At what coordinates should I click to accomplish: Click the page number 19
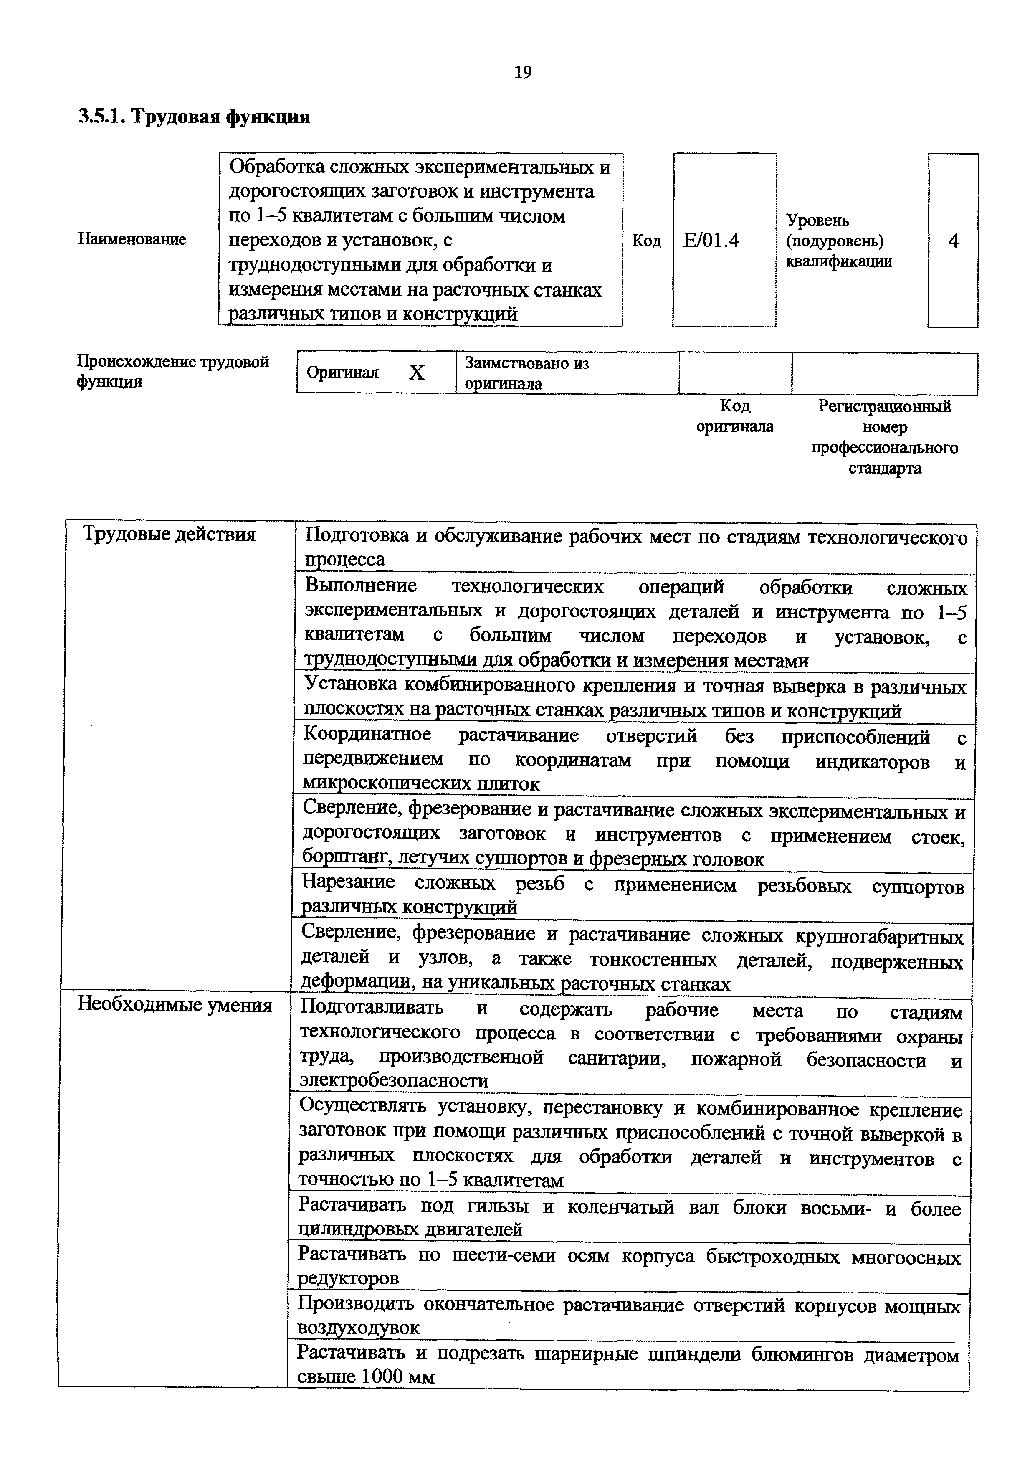522,73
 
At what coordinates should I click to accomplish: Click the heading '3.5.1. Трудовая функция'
194,117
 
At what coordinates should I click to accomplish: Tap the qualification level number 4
953,241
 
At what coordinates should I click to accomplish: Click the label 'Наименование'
132,239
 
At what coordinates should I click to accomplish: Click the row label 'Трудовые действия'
169,534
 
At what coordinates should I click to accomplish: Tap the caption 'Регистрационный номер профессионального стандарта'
885,437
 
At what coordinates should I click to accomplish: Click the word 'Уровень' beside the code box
817,221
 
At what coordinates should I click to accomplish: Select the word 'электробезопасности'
394,1081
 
